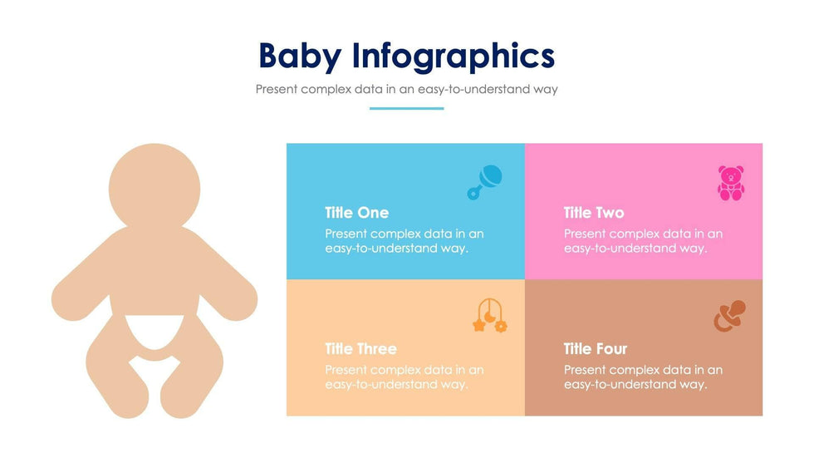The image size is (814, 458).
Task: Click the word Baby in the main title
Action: [x=300, y=57]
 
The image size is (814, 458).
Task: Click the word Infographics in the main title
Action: [x=454, y=57]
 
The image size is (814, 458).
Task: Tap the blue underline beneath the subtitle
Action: [x=406, y=109]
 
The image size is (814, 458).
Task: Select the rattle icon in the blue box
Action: [x=484, y=182]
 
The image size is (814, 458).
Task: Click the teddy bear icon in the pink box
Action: [x=731, y=183]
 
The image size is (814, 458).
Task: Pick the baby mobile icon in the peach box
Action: [x=489, y=315]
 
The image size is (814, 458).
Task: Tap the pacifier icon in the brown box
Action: [x=729, y=316]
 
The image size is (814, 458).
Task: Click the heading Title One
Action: [x=356, y=213]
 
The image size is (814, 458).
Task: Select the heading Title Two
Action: [x=594, y=213]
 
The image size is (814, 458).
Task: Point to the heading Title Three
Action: [x=360, y=348]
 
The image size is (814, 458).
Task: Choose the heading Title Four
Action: [x=596, y=348]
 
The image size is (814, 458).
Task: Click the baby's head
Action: [x=154, y=188]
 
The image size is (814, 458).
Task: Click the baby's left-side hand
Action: [x=70, y=301]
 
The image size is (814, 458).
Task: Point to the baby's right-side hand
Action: [x=238, y=301]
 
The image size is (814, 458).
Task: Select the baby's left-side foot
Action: [x=129, y=399]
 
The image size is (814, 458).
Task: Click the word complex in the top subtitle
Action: [x=326, y=89]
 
